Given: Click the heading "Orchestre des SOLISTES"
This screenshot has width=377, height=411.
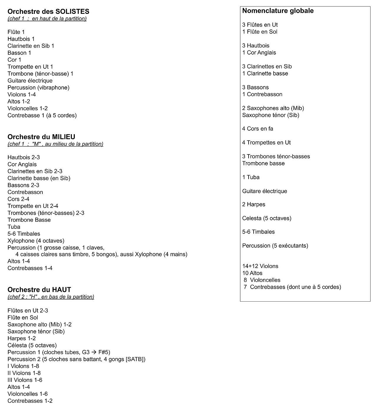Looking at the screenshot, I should point(48,11).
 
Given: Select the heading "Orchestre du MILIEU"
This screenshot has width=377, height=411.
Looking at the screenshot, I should point(41,137).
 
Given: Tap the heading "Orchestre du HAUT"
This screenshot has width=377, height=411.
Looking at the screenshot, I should point(39,290).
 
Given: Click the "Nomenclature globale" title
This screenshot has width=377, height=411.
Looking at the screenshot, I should point(278,11).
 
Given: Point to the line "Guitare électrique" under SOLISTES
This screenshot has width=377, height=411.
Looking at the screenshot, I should point(30,80).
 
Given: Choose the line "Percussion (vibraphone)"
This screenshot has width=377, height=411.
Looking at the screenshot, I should point(38,88).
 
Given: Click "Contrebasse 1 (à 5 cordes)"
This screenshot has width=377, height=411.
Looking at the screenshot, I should point(42,115).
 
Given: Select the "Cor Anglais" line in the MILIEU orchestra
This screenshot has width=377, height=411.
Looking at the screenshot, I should point(22,164).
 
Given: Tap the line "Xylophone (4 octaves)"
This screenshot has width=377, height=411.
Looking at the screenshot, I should point(36,241).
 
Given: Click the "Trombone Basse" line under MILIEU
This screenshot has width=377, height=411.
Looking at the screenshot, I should point(29,220).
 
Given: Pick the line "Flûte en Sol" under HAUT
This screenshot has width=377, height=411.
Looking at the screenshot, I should point(23,318).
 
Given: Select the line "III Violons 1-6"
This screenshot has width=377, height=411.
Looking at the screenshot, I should point(25,380).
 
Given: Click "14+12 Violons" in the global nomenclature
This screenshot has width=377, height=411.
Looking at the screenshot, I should point(260,266).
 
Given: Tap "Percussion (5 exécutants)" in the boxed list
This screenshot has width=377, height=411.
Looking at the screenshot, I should point(275,246).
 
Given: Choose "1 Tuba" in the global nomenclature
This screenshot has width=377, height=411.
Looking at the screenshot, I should point(251,177).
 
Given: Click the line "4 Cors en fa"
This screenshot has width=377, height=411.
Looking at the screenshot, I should point(257,129).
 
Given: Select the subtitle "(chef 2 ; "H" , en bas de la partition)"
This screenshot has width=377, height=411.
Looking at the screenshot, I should point(51,297).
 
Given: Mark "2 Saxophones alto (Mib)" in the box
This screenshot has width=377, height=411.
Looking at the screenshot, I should point(273,108).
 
